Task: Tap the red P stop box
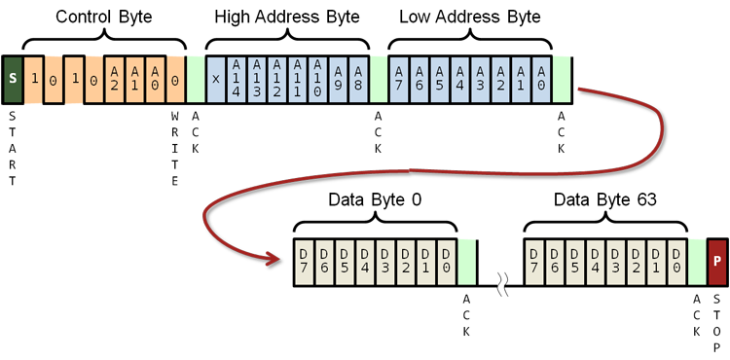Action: pos(717,262)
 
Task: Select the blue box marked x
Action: pos(216,78)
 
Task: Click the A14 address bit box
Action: pos(237,78)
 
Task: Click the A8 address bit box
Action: pos(359,78)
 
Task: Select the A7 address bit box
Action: pos(399,78)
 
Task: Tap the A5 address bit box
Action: pos(440,78)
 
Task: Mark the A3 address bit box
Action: pos(481,78)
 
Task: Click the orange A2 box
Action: pos(115,78)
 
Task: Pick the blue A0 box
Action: pos(542,78)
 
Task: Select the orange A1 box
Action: pos(135,78)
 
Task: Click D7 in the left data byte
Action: pos(304,262)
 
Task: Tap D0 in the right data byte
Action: pos(676,262)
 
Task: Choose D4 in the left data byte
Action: pos(365,262)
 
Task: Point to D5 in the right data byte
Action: pos(574,262)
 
